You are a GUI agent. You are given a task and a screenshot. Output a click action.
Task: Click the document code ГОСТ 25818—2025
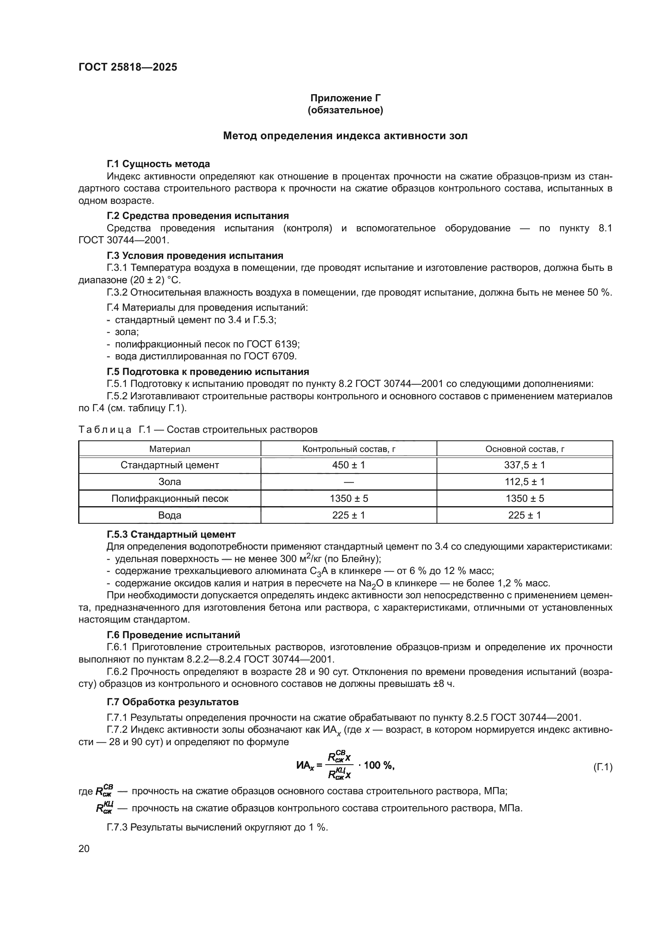[x=128, y=67]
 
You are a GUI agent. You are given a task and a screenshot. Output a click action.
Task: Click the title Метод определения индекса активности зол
[x=346, y=136]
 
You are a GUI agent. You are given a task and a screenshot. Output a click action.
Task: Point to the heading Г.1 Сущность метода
[x=158, y=164]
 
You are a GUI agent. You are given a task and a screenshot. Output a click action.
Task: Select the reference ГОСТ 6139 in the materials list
[x=273, y=344]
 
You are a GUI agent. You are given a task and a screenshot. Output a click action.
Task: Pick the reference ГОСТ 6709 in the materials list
[x=269, y=356]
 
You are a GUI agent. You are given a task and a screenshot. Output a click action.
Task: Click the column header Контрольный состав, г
[x=349, y=449]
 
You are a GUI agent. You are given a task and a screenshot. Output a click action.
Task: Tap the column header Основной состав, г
[x=525, y=449]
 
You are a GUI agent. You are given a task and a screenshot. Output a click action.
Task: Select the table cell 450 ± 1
[x=349, y=465]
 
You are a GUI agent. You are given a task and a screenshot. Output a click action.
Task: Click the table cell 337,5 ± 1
[x=525, y=465]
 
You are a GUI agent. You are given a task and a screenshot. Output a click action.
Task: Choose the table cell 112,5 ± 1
[x=525, y=482]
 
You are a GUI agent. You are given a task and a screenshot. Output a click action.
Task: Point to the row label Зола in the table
[x=170, y=482]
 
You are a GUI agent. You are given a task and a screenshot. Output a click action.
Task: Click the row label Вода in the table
[x=170, y=515]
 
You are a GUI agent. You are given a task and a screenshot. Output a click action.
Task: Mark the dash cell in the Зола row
[x=349, y=482]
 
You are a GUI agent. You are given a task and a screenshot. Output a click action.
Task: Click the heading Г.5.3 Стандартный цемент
[x=171, y=535]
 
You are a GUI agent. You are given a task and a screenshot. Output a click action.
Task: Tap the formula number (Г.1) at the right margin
[x=603, y=767]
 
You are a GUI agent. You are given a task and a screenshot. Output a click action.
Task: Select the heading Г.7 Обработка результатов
[x=173, y=702]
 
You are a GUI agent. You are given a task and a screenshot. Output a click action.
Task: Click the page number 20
[x=84, y=848]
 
